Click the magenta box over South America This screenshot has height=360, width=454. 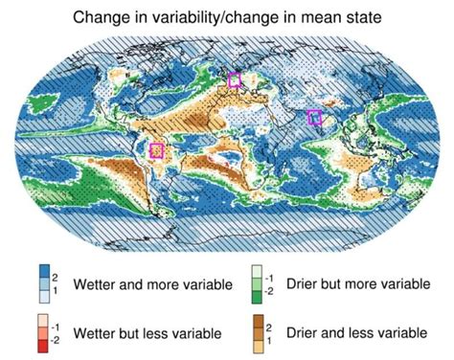pos(158,150)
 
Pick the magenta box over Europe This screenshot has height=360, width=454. pos(235,81)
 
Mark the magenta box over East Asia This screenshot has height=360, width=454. pos(314,117)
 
